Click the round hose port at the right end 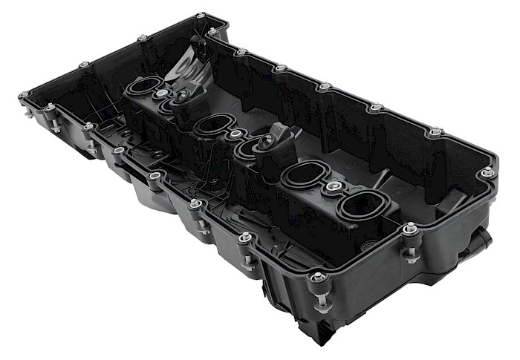tap(481, 239)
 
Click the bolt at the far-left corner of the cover tap(25, 96)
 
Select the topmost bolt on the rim tap(200, 16)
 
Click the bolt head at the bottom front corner tap(318, 277)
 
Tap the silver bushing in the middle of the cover tap(235, 135)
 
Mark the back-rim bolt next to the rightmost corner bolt tap(435, 133)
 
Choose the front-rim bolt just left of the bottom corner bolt tap(245, 238)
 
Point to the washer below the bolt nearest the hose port tap(410, 257)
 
